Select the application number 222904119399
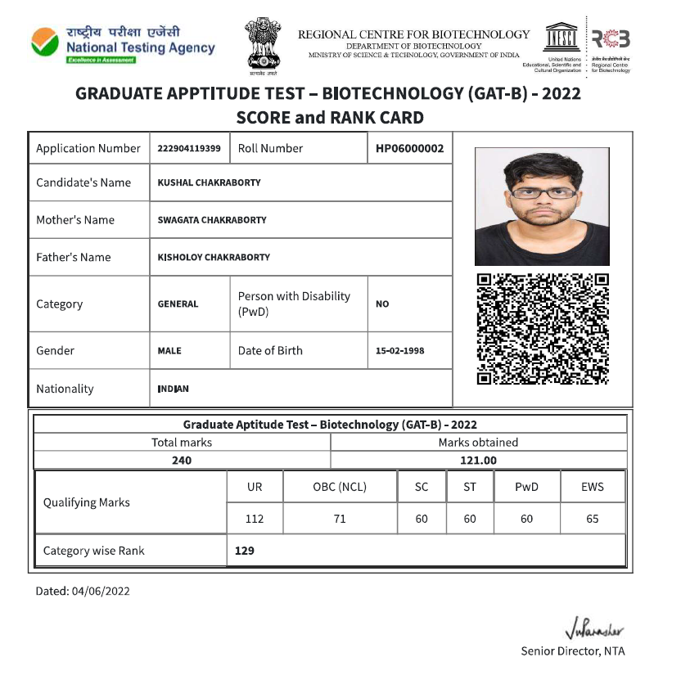[x=189, y=149]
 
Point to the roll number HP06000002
[x=410, y=149]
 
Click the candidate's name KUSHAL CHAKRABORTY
[x=209, y=182]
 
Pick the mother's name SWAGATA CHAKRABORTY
[x=211, y=220]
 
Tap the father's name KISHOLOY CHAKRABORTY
[x=213, y=257]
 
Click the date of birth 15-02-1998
[x=399, y=351]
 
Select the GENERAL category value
[x=178, y=304]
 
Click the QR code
[x=543, y=328]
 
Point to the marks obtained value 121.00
[x=478, y=461]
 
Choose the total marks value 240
[x=182, y=461]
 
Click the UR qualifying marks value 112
[x=255, y=519]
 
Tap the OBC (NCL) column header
[x=340, y=487]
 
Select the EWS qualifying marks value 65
[x=592, y=519]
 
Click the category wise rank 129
[x=244, y=551]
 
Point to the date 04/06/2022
[x=101, y=591]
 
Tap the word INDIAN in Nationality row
[x=173, y=389]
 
